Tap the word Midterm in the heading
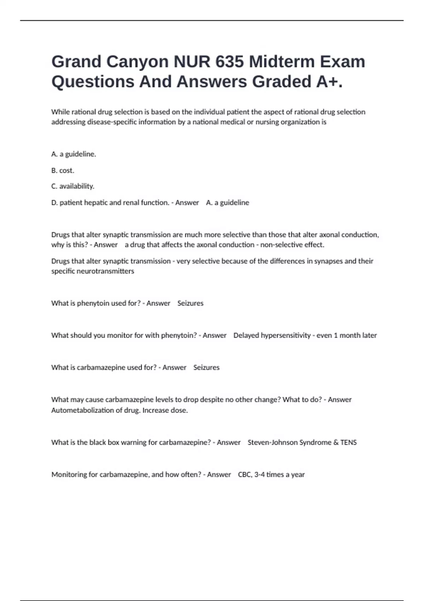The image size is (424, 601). click(282, 62)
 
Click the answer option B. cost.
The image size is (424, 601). click(63, 170)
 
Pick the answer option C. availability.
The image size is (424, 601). click(73, 186)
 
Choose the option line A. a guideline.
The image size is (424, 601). click(73, 154)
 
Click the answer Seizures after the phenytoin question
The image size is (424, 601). click(190, 303)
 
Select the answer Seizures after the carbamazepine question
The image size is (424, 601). click(206, 367)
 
